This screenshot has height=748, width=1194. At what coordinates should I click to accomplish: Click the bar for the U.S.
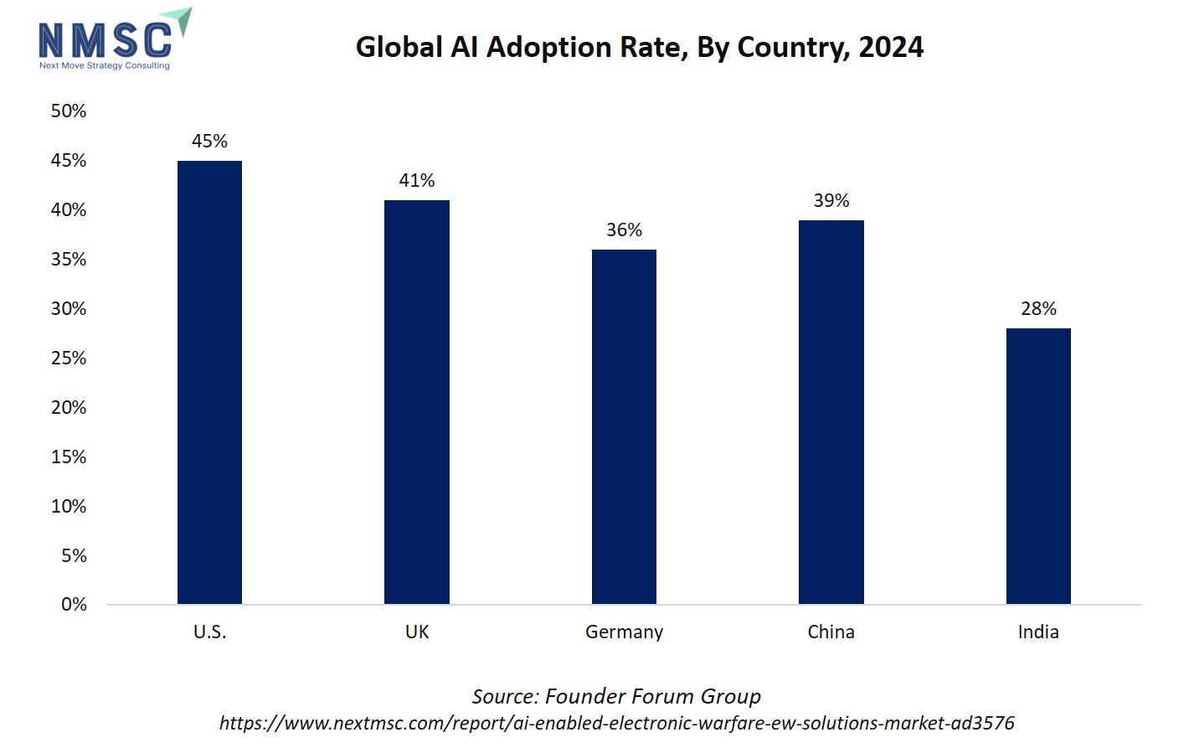click(209, 382)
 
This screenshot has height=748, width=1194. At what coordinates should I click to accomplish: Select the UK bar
click(417, 402)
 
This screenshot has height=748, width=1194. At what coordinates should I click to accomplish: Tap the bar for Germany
click(624, 426)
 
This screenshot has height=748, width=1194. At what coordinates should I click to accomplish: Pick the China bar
click(831, 412)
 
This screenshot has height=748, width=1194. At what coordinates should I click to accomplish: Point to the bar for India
click(1038, 466)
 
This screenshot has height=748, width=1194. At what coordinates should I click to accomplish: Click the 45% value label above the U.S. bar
click(209, 142)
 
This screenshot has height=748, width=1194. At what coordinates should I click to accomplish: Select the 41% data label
click(417, 181)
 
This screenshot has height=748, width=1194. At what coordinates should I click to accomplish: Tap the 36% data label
click(624, 230)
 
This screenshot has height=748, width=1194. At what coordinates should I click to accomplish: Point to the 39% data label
click(831, 201)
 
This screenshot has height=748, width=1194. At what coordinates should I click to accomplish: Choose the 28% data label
click(1038, 309)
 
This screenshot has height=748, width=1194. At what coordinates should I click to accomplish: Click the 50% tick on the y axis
click(69, 111)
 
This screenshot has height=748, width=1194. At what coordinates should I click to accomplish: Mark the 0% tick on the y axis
click(74, 605)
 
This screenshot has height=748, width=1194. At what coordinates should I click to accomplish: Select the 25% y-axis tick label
click(69, 359)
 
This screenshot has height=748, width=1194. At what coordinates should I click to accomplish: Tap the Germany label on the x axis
click(624, 632)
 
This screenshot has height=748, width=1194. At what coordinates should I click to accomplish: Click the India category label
click(1038, 632)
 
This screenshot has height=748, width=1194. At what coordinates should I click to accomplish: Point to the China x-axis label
click(831, 632)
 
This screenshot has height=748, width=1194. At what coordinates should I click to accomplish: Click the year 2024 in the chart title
click(891, 48)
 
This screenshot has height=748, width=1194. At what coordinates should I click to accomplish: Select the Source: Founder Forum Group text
click(616, 697)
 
